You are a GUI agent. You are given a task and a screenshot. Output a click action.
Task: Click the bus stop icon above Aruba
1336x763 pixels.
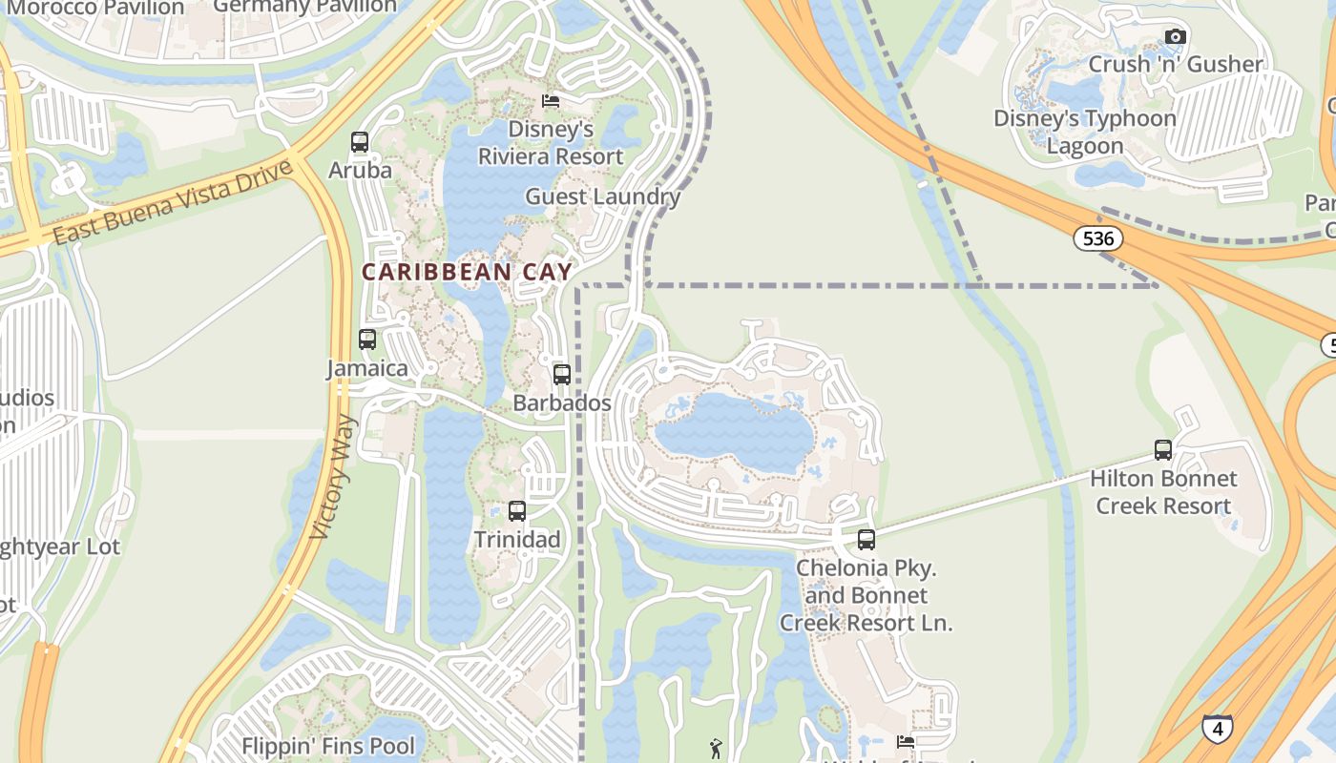coord(360,142)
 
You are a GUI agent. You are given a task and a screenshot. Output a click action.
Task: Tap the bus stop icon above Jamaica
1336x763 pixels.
coord(367,340)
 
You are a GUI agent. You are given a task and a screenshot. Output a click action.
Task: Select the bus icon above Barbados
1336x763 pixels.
coord(562,375)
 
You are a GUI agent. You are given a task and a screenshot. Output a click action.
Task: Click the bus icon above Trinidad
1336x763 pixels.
coord(517,511)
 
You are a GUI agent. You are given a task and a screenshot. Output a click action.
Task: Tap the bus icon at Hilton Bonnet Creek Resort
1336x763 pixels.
coord(1163,450)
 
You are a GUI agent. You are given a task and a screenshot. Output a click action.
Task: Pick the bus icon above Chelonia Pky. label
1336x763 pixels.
coord(866,540)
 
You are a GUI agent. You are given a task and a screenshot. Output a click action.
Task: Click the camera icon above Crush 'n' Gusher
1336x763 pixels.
coord(1176,37)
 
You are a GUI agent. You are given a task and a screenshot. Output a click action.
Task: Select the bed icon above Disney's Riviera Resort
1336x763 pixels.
coord(551,101)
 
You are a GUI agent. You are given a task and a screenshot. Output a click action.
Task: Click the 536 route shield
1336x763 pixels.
coord(1098,238)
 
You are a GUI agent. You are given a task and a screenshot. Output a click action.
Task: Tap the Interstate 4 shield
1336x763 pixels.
coord(1217,729)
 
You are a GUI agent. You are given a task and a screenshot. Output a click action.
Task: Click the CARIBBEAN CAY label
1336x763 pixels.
coord(467,272)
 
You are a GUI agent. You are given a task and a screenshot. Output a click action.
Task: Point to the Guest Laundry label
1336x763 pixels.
coord(603,197)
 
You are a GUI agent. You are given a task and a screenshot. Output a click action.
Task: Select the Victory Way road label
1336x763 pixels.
coord(334,477)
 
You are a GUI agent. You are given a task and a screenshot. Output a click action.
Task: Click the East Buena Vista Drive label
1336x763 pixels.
coord(172,203)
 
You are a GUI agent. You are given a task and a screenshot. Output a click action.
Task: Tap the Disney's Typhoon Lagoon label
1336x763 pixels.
coord(1085,132)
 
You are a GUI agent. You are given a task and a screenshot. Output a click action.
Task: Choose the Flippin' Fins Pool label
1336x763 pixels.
coord(328,746)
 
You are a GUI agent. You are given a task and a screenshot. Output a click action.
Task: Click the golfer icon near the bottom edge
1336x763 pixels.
coord(717,749)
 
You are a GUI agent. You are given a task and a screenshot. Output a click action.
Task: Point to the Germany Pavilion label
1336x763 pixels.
coord(304,7)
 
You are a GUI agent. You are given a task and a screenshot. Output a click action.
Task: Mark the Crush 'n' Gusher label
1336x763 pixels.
coord(1176,64)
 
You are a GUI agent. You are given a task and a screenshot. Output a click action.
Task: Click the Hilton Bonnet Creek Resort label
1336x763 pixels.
coord(1163,492)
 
